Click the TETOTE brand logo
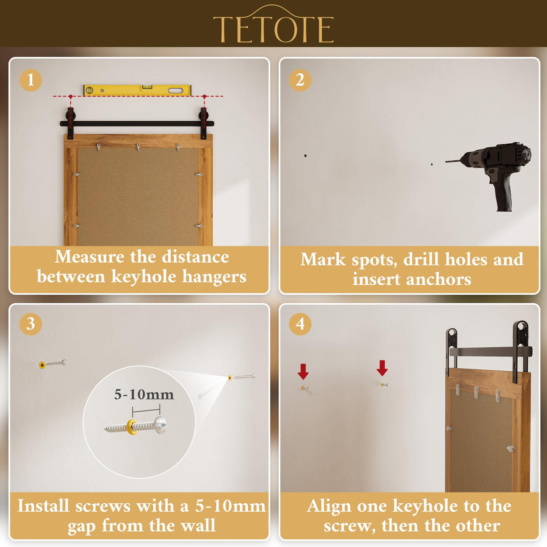click(273, 27)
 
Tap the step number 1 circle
click(31, 80)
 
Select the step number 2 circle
click(300, 80)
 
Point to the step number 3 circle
click(31, 324)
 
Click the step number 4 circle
click(300, 324)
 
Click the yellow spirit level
click(137, 90)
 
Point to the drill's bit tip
click(447, 161)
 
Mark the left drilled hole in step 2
click(305, 155)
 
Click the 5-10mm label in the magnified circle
click(144, 395)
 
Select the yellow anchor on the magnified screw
click(132, 426)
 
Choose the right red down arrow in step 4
click(382, 368)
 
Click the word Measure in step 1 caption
click(89, 257)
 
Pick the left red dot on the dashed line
click(71, 96)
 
